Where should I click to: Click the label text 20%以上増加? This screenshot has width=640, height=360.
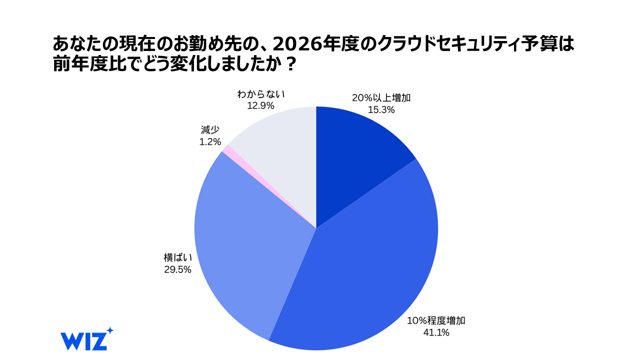381,98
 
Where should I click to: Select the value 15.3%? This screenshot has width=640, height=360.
381,109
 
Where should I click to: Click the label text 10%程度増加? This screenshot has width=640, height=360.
436,320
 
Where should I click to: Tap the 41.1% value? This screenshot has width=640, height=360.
436,332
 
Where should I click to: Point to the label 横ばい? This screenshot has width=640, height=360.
178,257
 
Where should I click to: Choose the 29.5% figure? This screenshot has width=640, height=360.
177,269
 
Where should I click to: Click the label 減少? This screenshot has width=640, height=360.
210,130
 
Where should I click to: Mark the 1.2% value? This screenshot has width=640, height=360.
210,141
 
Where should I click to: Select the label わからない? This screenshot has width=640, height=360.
261,94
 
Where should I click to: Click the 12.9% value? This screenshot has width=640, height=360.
260,105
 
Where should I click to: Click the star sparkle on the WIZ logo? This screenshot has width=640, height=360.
109,330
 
